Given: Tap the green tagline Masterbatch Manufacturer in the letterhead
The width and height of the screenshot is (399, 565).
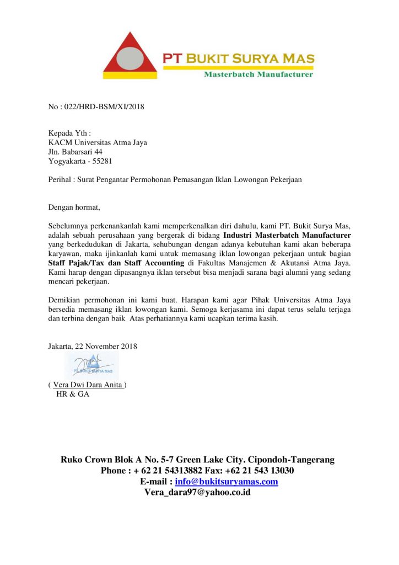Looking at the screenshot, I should [x=258, y=74].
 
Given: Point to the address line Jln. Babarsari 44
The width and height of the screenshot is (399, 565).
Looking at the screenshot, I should [x=76, y=152].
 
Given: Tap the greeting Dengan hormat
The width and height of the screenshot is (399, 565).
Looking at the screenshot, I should [x=74, y=207].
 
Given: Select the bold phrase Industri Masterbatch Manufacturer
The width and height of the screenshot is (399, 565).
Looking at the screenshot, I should [x=287, y=236].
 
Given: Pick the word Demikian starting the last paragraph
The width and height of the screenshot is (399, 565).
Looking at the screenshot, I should [x=64, y=300].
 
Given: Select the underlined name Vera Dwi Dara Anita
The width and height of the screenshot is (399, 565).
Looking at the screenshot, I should [x=88, y=385].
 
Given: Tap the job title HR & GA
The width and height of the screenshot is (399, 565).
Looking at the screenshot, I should [x=73, y=394].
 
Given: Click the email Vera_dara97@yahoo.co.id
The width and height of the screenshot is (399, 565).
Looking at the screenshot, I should [x=197, y=492].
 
